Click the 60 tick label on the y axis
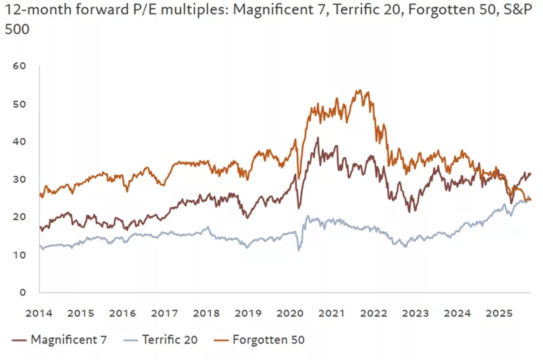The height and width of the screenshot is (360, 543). (x=20, y=66)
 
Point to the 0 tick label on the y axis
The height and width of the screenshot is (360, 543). (x=23, y=292)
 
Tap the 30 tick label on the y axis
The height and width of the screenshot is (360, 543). (x=20, y=179)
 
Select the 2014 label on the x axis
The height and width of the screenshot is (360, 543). (x=39, y=313)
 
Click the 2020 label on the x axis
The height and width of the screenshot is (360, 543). (x=290, y=313)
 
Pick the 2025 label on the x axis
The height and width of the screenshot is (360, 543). (x=499, y=313)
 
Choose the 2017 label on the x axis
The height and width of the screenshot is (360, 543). (x=164, y=313)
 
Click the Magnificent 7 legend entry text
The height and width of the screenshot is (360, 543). (x=69, y=340)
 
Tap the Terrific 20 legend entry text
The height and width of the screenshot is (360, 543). (x=170, y=340)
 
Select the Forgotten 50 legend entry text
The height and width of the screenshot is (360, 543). (x=269, y=340)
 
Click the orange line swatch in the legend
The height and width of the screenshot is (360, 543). (x=221, y=340)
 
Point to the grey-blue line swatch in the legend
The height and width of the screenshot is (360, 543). (x=130, y=340)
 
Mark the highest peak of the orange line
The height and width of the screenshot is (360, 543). (x=359, y=91)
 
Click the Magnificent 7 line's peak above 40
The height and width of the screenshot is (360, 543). (x=318, y=138)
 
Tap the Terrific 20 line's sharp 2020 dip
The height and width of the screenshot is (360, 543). (x=299, y=250)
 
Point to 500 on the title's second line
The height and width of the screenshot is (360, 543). (x=17, y=29)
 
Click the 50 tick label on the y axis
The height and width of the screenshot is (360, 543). (x=20, y=104)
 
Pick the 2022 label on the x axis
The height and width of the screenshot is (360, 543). (x=374, y=313)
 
